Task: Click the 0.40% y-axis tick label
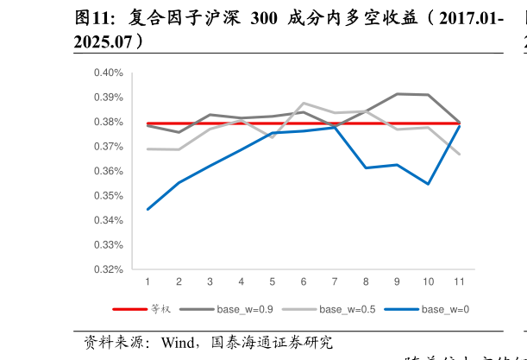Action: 109,73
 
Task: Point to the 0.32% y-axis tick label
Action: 109,269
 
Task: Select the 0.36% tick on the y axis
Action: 109,171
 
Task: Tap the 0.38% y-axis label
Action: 109,122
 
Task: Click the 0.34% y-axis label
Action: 109,220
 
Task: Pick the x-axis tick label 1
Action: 147,281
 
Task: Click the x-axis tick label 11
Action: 459,281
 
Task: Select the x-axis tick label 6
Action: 304,281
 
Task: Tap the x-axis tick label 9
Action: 397,281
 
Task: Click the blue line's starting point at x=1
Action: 147,209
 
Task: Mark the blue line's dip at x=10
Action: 428,184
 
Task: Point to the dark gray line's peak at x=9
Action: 397,93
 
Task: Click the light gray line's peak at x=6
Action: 304,103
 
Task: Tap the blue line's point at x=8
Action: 366,167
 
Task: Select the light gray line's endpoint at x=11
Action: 459,155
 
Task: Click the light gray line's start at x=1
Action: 147,148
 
